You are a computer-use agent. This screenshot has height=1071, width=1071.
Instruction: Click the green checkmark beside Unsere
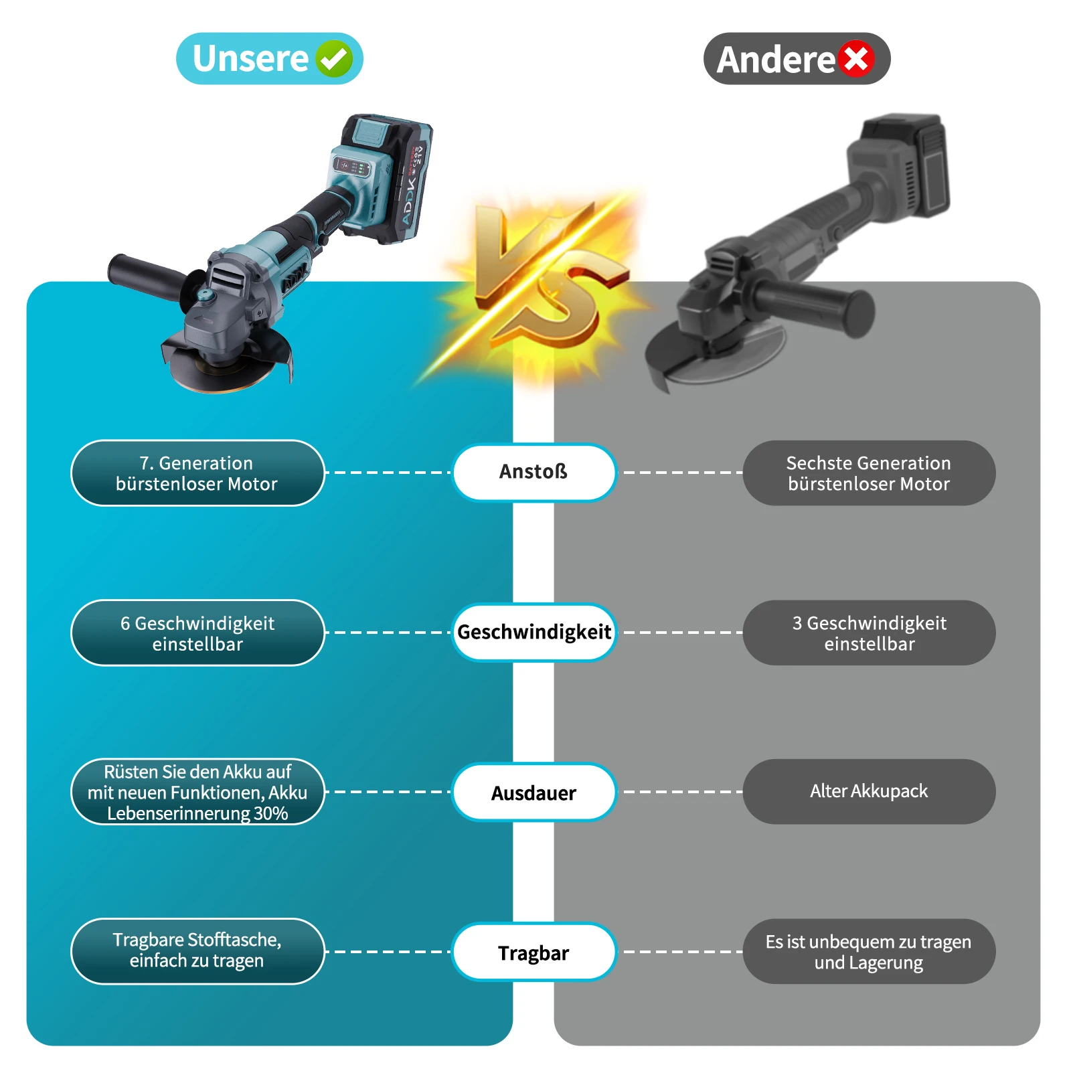pos(333,59)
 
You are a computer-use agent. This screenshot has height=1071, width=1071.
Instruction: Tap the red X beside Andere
pos(856,59)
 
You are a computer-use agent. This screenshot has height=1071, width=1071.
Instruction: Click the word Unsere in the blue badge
pos(250,59)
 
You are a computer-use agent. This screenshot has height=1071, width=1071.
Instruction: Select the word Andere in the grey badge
pos(775,60)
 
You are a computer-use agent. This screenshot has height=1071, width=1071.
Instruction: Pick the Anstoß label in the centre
pos(533,472)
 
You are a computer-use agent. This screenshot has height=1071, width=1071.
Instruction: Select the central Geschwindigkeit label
pos(533,632)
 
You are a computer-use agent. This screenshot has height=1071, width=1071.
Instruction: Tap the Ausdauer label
pos(533,793)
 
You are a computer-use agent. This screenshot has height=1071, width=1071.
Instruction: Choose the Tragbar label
pos(533,952)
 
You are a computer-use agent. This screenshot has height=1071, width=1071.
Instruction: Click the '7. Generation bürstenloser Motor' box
pos(197,473)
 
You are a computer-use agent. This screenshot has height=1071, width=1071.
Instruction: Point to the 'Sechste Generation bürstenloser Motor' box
pos(869,473)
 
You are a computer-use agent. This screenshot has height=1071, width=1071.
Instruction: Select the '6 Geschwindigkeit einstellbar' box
pos(197,633)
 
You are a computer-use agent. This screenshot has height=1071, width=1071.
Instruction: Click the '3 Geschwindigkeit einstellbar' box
pos(869,633)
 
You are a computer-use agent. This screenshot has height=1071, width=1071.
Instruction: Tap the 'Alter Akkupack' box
pos(869,791)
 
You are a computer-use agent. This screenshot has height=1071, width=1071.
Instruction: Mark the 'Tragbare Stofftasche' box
pos(197,951)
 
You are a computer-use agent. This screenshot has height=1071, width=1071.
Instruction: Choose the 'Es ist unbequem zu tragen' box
pos(869,952)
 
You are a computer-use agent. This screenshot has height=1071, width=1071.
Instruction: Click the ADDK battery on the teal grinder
pos(395,177)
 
